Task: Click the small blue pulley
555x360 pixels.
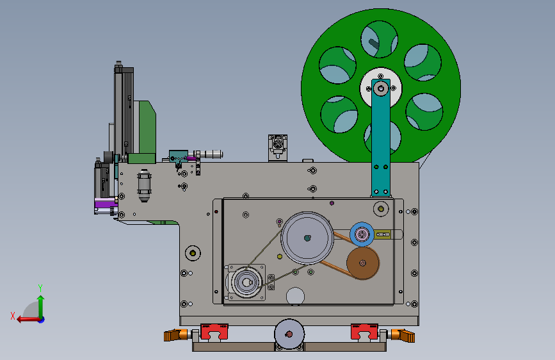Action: coord(362,234)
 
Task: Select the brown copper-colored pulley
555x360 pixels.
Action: coord(363,263)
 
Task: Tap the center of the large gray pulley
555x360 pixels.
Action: coord(307,238)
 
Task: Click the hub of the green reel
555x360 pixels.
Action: coord(381,88)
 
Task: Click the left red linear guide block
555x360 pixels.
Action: coord(214,332)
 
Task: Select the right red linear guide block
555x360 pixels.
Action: coord(364,332)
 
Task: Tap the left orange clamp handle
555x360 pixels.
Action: coord(175,335)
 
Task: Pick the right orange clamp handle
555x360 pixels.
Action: coord(403,335)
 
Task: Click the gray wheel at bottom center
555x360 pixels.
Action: coord(289,334)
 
